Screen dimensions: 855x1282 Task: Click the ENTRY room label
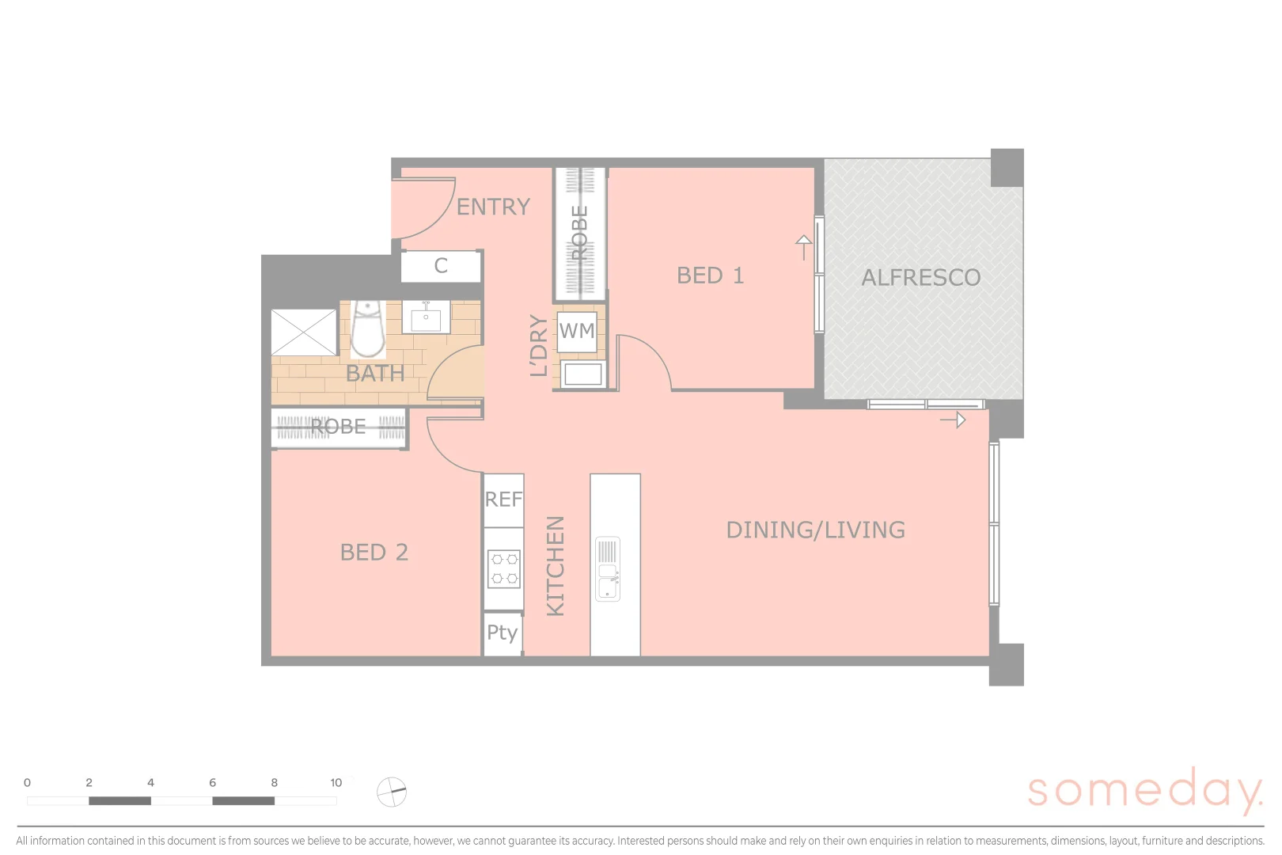pos(493,207)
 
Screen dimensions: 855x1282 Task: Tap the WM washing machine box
pos(577,331)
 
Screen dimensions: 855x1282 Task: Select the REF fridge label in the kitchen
pos(503,500)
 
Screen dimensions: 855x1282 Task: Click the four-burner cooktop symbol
pos(504,569)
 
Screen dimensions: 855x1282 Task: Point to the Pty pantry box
pos(503,633)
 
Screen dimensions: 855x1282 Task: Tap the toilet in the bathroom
pos(367,329)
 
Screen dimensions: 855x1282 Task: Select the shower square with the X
pos(304,332)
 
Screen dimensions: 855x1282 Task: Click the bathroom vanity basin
pos(426,317)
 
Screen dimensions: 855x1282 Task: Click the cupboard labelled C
pos(441,266)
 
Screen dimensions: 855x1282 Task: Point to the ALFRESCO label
pos(920,278)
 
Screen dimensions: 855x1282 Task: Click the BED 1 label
pos(710,275)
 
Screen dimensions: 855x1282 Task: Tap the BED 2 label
pos(374,553)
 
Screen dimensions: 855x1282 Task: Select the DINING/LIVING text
pos(815,530)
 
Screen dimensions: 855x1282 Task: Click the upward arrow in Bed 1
pos(803,247)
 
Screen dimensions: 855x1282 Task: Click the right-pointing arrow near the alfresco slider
pos(954,420)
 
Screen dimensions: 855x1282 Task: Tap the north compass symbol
pos(392,791)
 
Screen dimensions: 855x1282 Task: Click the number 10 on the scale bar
pos(336,783)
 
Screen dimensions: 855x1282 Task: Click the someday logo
pos(1144,791)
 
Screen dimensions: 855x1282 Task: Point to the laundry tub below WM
pos(583,374)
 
